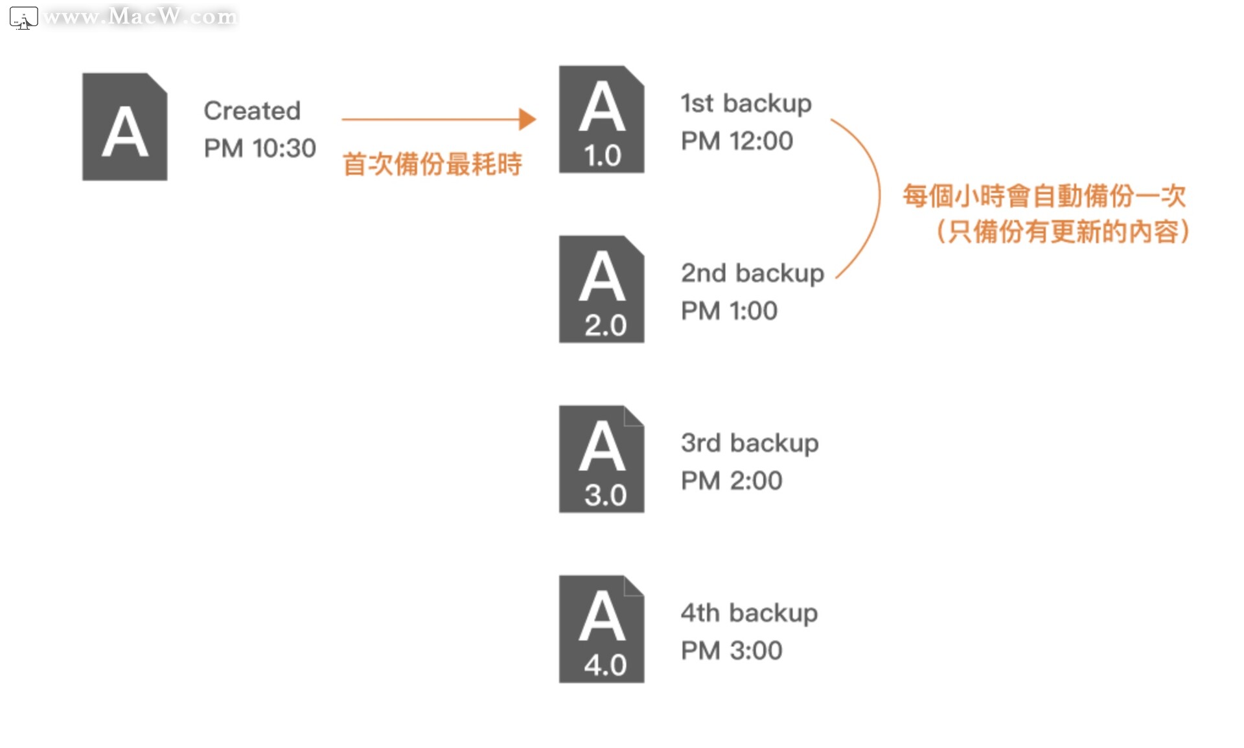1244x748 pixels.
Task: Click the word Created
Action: click(252, 111)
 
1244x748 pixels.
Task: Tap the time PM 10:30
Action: click(260, 148)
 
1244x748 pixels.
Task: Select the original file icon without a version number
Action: click(125, 127)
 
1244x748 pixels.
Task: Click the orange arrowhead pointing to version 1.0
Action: click(527, 119)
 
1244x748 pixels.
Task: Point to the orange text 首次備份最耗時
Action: click(432, 164)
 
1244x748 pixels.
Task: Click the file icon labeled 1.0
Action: click(601, 120)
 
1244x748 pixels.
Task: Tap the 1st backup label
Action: click(746, 104)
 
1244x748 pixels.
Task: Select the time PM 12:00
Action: click(737, 141)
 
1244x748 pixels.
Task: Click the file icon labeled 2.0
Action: click(601, 289)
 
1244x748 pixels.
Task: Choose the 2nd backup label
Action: click(752, 273)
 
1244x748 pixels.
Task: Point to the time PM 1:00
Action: click(729, 311)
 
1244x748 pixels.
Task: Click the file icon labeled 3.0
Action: click(601, 459)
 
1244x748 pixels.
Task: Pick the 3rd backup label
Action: click(750, 444)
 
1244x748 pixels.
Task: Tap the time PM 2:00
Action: click(731, 481)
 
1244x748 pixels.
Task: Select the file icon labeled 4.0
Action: click(601, 629)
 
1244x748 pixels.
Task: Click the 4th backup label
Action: click(749, 613)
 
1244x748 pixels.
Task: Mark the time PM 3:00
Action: click(731, 650)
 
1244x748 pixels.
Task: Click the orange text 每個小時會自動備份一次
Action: click(1044, 196)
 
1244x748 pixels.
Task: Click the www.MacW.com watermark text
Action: click(140, 16)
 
